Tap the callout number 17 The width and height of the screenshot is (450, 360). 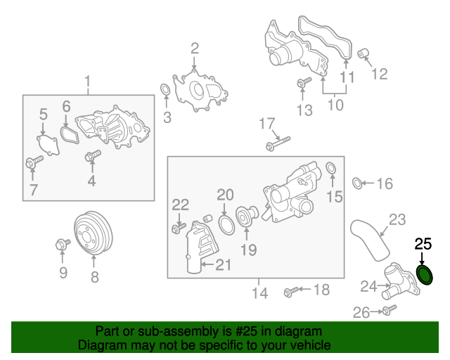tap(266, 124)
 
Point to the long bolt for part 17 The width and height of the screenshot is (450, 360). tap(278, 146)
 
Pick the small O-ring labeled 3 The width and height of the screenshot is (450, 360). tap(165, 91)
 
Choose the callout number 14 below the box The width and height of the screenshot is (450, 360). tap(260, 293)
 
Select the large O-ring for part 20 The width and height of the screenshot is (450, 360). tap(226, 225)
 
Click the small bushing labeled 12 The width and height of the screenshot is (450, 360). tap(363, 53)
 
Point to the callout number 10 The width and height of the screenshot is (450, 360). tap(335, 105)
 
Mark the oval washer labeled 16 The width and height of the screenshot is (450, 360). tap(357, 184)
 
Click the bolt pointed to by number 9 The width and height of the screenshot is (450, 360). tap(61, 245)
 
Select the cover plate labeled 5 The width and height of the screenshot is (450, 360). tap(47, 144)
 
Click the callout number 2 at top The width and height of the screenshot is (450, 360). tap(195, 48)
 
